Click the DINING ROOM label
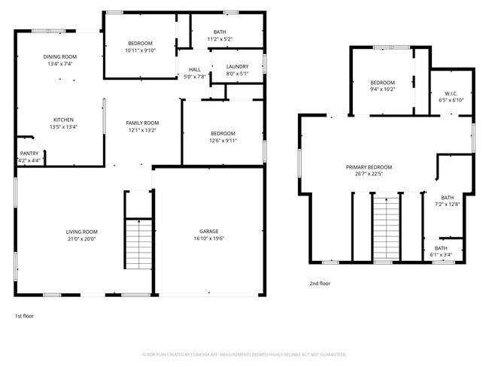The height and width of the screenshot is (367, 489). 59,57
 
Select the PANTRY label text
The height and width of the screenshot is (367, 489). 29,153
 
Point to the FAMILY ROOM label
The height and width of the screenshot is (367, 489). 142,123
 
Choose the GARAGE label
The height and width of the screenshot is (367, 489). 208,232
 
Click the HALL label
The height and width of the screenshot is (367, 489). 194,70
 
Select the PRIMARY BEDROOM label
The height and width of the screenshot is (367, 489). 369,167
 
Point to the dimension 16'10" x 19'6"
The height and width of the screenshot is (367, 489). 208,239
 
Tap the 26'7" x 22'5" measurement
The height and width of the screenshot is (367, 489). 369,174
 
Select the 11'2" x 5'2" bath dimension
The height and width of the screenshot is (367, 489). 220,39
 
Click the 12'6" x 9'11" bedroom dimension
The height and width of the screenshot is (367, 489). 223,140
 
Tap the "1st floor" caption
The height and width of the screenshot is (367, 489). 24,316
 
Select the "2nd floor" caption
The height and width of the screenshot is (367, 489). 320,284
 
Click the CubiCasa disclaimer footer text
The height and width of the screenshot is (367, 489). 244,354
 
